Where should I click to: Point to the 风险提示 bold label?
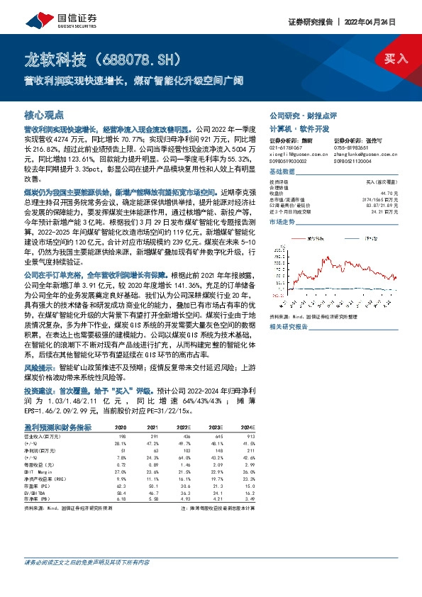[x=41, y=368]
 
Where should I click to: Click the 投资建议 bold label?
[x=41, y=390]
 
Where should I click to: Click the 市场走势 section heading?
[x=282, y=221]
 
